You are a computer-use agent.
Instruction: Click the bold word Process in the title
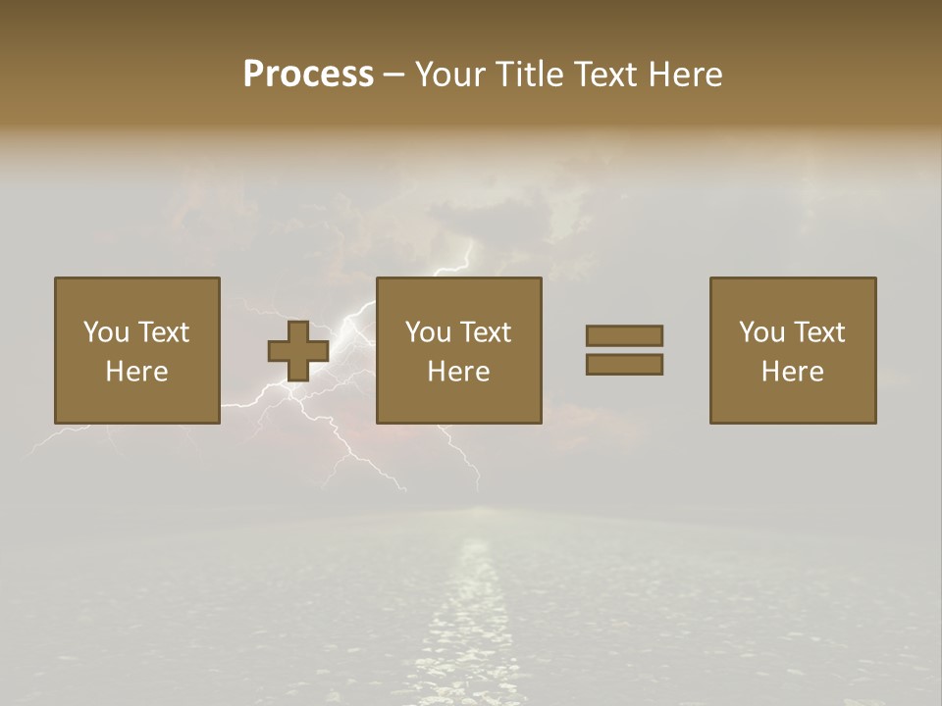[308, 75]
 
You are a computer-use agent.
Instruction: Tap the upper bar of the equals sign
[624, 335]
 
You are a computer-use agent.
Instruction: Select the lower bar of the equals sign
[624, 365]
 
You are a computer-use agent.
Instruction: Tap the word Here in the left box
[136, 372]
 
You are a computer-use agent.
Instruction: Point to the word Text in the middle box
[486, 332]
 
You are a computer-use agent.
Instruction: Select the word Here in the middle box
[458, 372]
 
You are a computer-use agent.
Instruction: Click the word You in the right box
[761, 332]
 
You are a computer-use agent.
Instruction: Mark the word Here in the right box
[792, 372]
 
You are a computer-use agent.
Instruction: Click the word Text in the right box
[819, 332]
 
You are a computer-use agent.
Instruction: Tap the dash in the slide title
[393, 76]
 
